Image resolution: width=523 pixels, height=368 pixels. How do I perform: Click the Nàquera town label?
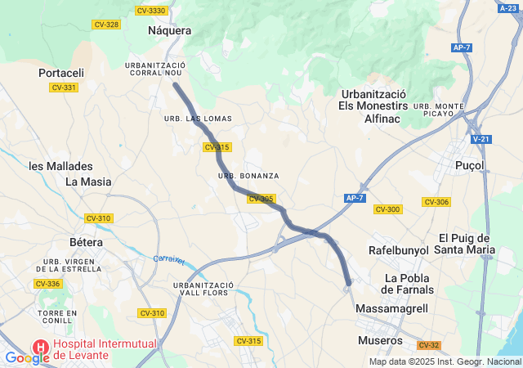coord(170,30)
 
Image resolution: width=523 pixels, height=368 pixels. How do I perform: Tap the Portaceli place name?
coord(61,73)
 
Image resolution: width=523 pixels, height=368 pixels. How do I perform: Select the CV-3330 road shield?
coord(151,11)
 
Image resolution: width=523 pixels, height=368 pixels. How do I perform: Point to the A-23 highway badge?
coord(507,8)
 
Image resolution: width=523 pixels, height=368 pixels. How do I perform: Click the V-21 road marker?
coord(481,140)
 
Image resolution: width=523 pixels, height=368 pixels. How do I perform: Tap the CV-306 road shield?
coord(436,202)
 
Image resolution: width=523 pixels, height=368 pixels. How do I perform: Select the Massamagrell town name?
coord(391,307)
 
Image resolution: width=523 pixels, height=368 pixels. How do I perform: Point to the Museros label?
coord(381,340)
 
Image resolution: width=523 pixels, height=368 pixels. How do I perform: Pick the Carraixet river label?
coord(169,260)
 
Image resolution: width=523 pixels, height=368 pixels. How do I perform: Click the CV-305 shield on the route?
coord(261,199)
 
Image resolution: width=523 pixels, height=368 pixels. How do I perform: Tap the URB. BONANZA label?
coord(248,176)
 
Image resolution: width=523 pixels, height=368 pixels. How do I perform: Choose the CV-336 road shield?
coord(47,284)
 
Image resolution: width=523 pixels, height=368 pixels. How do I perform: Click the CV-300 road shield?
coord(387,209)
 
